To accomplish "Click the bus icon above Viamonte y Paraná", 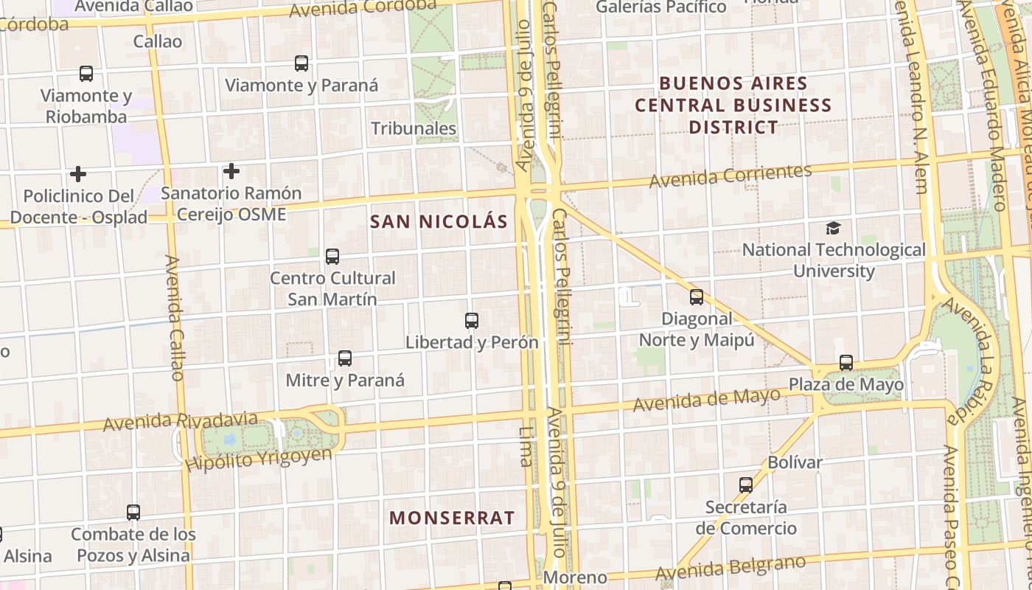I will tap(301, 63).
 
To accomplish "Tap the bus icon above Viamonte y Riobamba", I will tap(86, 74).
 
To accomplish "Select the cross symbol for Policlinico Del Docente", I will tap(78, 174).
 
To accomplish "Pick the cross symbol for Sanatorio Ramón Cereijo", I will tap(231, 172).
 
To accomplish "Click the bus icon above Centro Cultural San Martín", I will tap(332, 257).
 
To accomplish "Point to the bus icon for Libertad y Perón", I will tap(472, 321).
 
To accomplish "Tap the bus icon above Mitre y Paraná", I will tap(345, 358).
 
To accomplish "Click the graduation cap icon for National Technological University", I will tap(833, 228).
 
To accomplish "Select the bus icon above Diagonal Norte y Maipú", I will tap(697, 297).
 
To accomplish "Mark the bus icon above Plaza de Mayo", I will tap(846, 363).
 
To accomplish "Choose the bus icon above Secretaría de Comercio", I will tap(746, 485).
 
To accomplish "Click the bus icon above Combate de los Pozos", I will tap(133, 512).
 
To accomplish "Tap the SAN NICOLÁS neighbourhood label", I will tap(439, 221).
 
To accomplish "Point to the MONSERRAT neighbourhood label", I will tap(452, 518).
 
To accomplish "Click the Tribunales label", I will tap(414, 128).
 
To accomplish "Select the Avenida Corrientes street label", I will tap(730, 176).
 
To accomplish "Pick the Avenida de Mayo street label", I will tap(706, 400).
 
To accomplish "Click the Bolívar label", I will tap(795, 462).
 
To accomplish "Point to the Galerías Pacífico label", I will tap(660, 7).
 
